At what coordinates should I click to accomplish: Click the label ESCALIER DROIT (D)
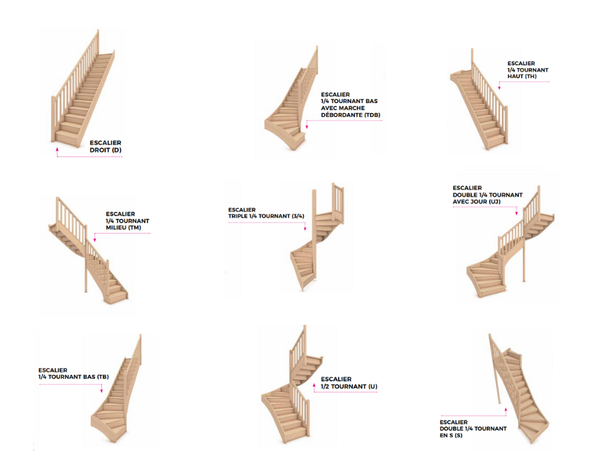[x=106, y=146]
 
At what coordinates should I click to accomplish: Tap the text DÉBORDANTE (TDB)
[x=350, y=115]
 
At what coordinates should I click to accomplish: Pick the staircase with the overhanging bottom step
[x=291, y=106]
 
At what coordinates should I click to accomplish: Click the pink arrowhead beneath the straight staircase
[x=58, y=151]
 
